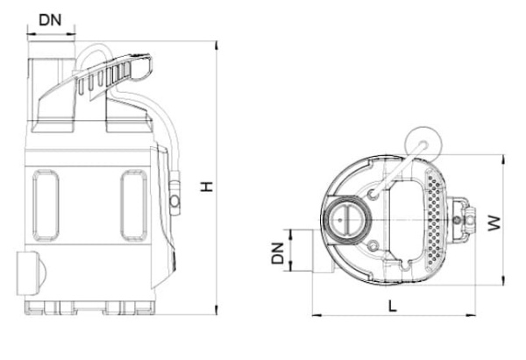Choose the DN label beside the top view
pyautogui.click(x=277, y=253)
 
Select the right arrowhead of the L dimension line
pyautogui.click(x=473, y=314)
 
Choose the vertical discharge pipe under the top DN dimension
pyautogui.click(x=51, y=88)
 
